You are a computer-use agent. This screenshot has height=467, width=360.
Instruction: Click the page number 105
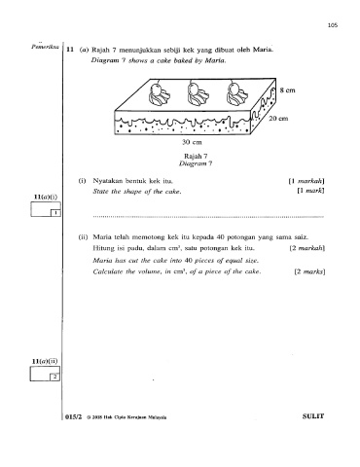pos(333,25)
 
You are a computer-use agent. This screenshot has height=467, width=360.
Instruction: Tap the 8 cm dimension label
pos(288,90)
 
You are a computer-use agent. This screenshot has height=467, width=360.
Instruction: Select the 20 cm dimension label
pos(278,119)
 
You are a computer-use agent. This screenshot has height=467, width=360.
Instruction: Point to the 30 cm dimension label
pos(192,142)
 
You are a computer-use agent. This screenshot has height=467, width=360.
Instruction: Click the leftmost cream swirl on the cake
pos(159,94)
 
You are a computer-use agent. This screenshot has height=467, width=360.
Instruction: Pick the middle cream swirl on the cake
pos(198,94)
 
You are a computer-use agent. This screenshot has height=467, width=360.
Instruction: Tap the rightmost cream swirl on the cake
pos(237,94)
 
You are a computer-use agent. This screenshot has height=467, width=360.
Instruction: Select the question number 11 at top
pos(69,50)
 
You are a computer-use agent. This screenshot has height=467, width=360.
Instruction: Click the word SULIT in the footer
pos(313,416)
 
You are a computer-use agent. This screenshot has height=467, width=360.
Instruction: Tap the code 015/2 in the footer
pos(74,417)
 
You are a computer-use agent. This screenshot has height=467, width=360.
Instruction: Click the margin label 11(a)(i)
pos(46,197)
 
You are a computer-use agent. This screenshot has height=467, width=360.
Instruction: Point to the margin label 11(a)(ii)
pos(45,361)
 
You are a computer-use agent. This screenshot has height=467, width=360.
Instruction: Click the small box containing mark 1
pos(55,213)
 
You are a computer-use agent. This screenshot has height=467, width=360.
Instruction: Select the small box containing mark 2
pos(54,377)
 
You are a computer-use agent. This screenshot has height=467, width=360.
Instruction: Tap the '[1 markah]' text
pos(306,181)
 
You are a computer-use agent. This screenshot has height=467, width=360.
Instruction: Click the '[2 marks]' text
pos(309,271)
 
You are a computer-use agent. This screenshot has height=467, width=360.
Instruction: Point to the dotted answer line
pos(208,216)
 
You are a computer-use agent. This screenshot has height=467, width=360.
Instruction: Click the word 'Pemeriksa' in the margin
pos(45,47)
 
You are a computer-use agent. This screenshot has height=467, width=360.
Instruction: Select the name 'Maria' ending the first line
pos(263,50)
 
